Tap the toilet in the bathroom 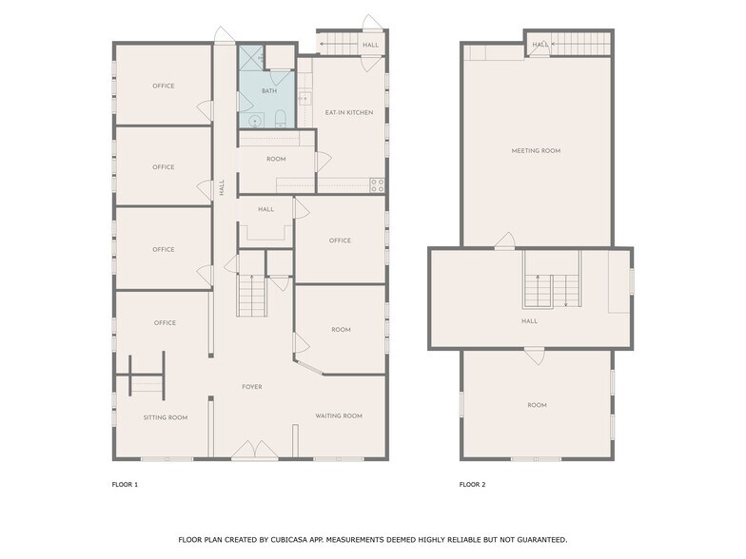pyautogui.click(x=281, y=120)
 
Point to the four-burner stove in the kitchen pyautogui.click(x=377, y=184)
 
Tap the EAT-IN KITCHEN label pyautogui.click(x=348, y=113)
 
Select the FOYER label pyautogui.click(x=251, y=387)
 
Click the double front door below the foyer pyautogui.click(x=253, y=451)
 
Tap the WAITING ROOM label pyautogui.click(x=339, y=415)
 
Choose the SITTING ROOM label pyautogui.click(x=166, y=417)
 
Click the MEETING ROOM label pyautogui.click(x=536, y=150)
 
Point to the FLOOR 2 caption pyautogui.click(x=472, y=485)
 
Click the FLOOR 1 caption pyautogui.click(x=125, y=485)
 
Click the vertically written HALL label pyautogui.click(x=223, y=188)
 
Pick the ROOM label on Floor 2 pyautogui.click(x=537, y=406)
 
